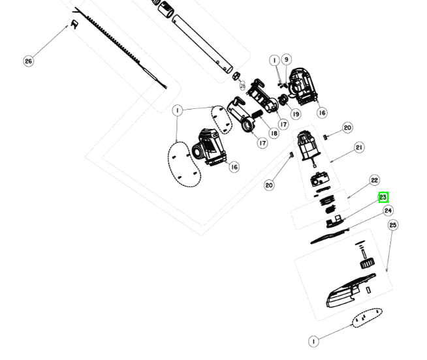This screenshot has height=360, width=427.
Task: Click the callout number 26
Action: (x=28, y=61)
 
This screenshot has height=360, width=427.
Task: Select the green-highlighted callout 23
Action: (x=383, y=198)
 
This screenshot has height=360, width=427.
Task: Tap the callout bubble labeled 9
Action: (x=287, y=60)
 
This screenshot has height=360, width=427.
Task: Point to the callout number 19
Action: (x=296, y=114)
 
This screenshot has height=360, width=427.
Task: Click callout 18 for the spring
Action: (x=273, y=133)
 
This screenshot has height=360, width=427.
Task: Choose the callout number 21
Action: (x=359, y=148)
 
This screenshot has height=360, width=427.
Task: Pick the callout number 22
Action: (x=374, y=180)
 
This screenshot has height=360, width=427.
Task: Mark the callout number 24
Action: (x=388, y=211)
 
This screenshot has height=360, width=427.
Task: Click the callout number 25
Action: (x=392, y=225)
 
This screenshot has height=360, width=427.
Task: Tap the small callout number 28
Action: (x=242, y=85)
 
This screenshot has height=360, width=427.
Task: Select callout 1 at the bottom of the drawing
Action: (x=314, y=341)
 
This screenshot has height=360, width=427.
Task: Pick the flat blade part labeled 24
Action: (x=330, y=232)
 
